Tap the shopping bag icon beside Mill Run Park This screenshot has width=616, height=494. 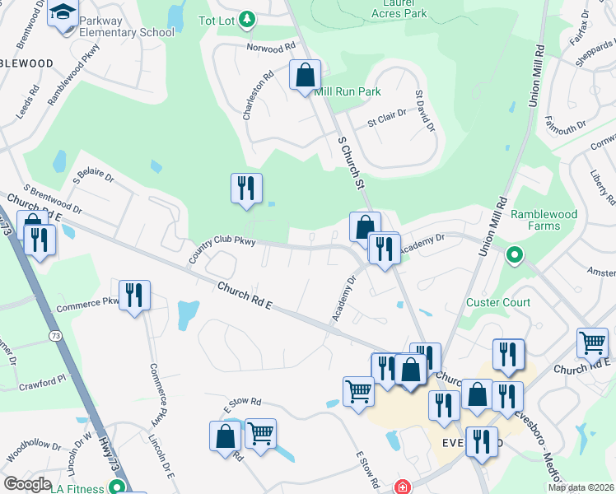click(x=305, y=77)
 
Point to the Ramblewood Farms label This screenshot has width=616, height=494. click(x=543, y=220)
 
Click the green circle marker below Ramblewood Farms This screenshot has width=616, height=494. click(x=516, y=255)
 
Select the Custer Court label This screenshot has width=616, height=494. click(x=498, y=302)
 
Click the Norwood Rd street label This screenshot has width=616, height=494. click(x=271, y=47)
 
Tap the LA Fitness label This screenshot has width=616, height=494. click(x=77, y=488)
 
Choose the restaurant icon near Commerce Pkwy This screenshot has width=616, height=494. click(x=132, y=296)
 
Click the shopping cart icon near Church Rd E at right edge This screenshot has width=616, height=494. click(x=593, y=342)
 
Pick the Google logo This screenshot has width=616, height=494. click(x=27, y=484)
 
